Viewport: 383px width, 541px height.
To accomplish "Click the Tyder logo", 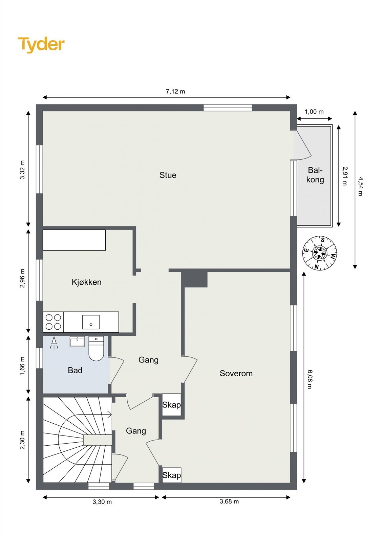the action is pyautogui.click(x=41, y=45).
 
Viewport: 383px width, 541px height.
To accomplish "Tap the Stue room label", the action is pyautogui.click(x=168, y=175).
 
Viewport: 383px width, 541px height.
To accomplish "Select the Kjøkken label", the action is pyautogui.click(x=86, y=282).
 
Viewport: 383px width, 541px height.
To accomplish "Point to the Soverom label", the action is pyautogui.click(x=236, y=373).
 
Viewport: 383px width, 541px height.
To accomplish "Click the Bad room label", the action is pyautogui.click(x=75, y=370).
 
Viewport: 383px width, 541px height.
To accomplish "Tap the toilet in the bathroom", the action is pyautogui.click(x=96, y=348).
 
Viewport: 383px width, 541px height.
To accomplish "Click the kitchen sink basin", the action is pyautogui.click(x=91, y=322).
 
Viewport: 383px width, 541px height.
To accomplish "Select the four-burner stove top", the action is pyautogui.click(x=54, y=322).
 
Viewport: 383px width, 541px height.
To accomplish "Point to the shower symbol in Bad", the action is pyautogui.click(x=54, y=343).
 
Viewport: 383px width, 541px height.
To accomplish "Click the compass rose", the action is pyautogui.click(x=320, y=253).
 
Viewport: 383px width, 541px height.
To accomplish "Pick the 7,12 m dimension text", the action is pyautogui.click(x=175, y=91).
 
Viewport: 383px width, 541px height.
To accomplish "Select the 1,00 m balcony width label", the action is pyautogui.click(x=314, y=112).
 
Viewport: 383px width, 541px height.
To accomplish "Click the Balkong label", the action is pyautogui.click(x=315, y=175).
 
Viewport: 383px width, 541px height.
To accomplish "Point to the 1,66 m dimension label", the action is pyautogui.click(x=22, y=366).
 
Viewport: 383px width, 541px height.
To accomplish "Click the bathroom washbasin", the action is pyautogui.click(x=77, y=341).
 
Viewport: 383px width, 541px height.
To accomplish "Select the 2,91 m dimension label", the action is pyautogui.click(x=345, y=176).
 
